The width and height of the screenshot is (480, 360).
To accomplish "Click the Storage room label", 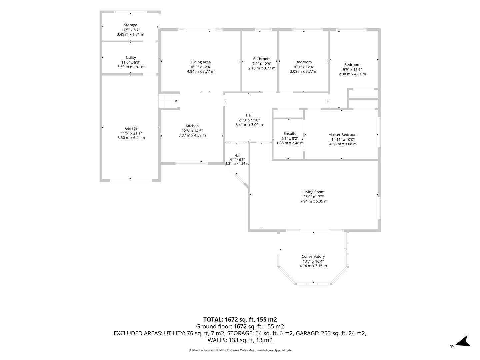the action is pos(130,25).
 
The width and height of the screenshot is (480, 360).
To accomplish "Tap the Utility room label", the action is pos(131,57).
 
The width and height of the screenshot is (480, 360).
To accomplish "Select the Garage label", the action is pos(131,128).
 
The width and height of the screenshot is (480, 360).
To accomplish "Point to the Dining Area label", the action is pos(201,62).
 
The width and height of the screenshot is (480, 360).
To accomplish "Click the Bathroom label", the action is pos(262,59).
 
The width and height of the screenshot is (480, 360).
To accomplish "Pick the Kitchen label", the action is pos(192,126).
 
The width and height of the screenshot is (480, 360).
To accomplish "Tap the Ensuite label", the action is pos(290,134).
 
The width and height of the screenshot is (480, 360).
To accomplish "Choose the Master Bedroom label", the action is pos(343,135).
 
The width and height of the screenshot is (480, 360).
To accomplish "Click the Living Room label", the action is pos(314,192).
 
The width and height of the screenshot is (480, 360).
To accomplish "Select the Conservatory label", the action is pos(313,256).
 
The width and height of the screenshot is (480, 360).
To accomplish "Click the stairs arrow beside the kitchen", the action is pos(168,101).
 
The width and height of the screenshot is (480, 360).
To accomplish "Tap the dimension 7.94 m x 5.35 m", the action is pos(314,201).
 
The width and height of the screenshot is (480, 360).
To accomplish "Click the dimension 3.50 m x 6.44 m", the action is pos(131,138).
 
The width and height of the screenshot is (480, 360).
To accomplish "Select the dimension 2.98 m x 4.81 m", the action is pos(352,74).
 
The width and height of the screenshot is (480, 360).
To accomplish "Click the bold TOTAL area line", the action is pos(240,320).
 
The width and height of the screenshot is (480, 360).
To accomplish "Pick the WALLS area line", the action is pos(240,340).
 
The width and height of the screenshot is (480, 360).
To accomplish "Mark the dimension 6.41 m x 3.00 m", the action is pos(249,125).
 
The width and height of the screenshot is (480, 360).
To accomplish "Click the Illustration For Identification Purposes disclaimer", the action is pos(240,350).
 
